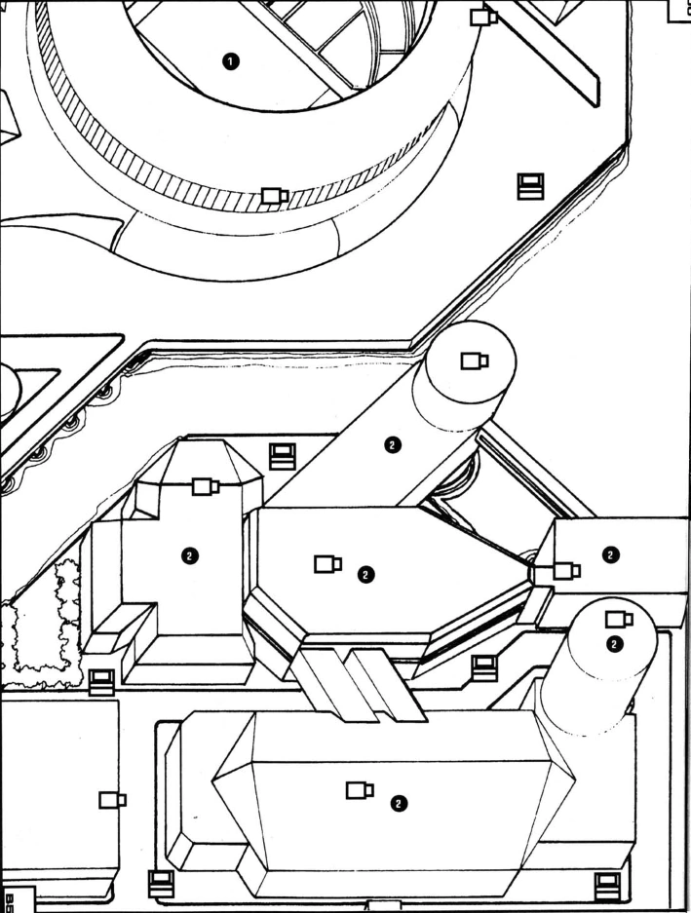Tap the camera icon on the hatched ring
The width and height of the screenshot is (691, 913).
[275, 196]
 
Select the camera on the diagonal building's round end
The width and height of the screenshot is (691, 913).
[475, 361]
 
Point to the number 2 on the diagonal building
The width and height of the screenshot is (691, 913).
[392, 445]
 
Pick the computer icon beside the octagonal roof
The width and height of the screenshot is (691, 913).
[283, 454]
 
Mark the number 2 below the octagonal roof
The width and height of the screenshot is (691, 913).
[189, 554]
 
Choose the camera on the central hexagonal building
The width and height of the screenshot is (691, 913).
[327, 563]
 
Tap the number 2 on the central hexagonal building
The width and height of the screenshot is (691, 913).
[365, 574]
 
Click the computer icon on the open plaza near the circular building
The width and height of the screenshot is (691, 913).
[530, 184]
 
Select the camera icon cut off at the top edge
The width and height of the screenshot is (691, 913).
[483, 17]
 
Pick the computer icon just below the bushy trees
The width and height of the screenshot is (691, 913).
[100, 681]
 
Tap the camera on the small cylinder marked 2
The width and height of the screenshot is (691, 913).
[619, 618]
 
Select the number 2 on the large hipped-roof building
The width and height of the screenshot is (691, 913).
[397, 803]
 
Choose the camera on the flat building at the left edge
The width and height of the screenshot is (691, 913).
[112, 800]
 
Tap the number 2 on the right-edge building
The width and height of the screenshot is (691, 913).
[610, 553]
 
